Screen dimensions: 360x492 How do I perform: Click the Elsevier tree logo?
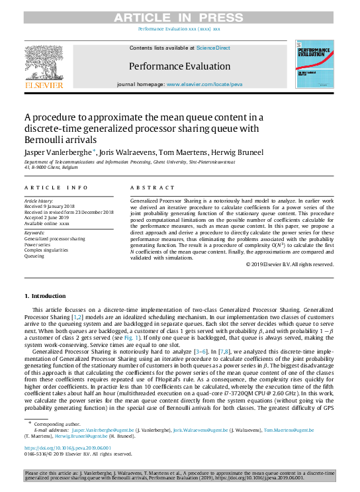[x=44, y=64]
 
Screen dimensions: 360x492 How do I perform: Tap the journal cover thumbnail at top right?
[x=314, y=64]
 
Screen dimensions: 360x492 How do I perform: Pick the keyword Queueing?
[x=35, y=256]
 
